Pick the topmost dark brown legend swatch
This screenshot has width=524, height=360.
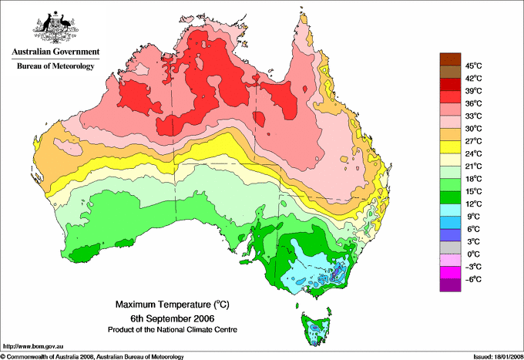click(449, 59)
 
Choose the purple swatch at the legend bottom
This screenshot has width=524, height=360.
click(449, 284)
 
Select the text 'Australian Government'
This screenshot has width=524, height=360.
click(55, 52)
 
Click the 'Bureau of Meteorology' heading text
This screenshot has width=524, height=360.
click(55, 66)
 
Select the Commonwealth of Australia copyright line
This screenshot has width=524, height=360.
click(92, 356)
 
